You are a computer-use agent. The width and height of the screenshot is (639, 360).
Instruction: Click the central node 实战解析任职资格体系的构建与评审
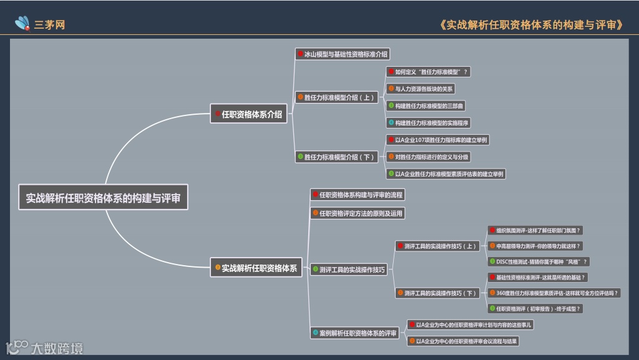point(103,198)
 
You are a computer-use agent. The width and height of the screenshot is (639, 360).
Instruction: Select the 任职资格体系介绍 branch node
point(248,114)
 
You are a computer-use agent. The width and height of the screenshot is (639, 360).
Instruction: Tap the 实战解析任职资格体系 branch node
point(255,268)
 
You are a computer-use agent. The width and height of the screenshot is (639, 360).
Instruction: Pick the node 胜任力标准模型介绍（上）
point(337,97)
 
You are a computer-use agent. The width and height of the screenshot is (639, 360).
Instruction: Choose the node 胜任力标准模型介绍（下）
point(337,157)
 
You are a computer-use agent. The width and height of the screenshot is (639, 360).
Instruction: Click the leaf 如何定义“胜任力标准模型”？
point(427,72)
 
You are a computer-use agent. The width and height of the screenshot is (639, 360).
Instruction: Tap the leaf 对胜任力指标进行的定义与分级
point(427,157)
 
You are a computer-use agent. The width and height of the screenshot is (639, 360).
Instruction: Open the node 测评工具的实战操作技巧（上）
point(437,246)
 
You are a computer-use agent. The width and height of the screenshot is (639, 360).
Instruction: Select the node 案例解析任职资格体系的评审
point(354,333)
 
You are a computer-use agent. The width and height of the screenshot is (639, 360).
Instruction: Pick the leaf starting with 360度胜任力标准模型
point(554,293)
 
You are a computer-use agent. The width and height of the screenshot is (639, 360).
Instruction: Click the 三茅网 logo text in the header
point(50,25)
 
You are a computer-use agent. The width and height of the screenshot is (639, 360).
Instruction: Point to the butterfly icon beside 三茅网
point(23,24)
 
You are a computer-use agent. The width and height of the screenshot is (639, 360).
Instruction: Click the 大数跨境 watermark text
point(56,348)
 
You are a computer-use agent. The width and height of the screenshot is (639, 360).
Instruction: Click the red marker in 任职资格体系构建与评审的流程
point(316,195)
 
